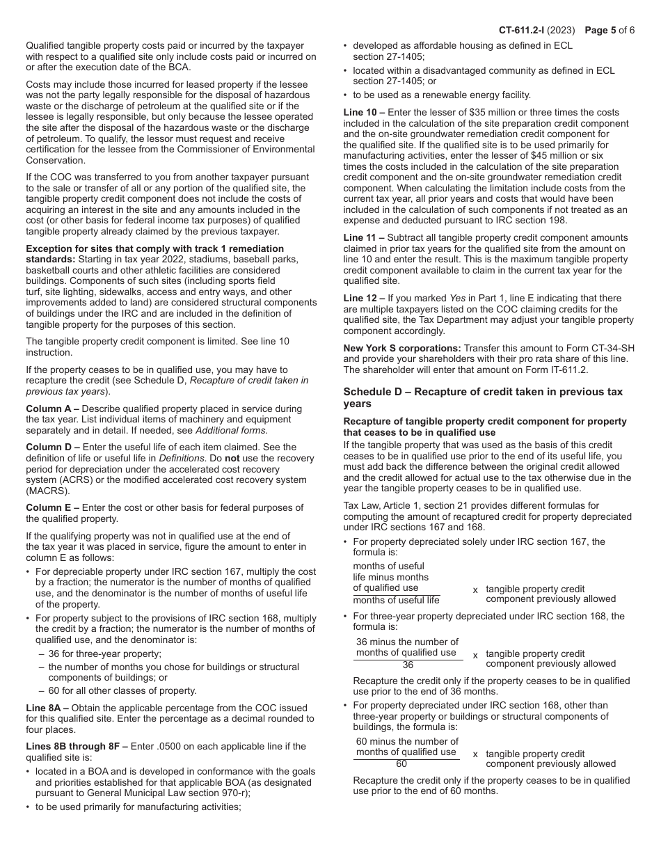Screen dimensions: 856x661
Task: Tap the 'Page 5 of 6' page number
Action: (610, 30)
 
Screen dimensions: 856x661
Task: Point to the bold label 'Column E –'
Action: (52, 507)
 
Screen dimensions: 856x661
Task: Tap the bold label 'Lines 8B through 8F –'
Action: (77, 746)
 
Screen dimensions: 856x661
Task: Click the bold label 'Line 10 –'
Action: (365, 112)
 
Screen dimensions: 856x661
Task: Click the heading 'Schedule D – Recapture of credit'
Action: (483, 392)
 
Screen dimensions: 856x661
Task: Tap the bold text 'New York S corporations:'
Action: (402, 348)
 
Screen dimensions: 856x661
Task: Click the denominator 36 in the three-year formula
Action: (408, 665)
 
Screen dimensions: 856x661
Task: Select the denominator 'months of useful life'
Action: (396, 600)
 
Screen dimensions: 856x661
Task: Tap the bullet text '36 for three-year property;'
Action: (104, 653)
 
